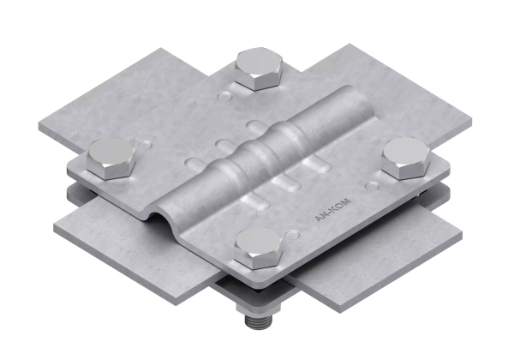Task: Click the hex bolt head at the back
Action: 258,69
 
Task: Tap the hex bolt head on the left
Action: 111,159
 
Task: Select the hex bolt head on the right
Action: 406,159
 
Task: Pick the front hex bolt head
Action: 259,248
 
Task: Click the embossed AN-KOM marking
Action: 333,210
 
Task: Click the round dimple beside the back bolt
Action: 224,96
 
